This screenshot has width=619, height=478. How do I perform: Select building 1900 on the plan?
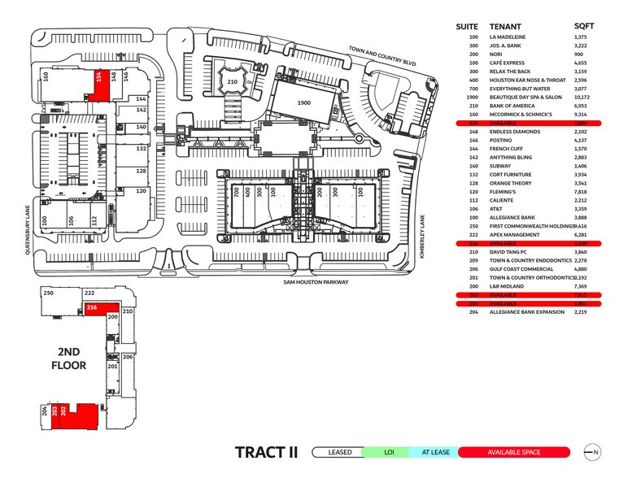[x=303, y=104]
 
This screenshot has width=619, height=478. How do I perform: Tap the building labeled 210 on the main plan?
[x=232, y=82]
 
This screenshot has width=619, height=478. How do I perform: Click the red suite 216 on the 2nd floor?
[x=92, y=308]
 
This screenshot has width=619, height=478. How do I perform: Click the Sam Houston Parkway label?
[x=315, y=282]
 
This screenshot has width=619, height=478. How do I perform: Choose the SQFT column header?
[x=584, y=26]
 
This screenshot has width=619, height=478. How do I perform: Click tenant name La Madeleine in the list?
[x=508, y=37]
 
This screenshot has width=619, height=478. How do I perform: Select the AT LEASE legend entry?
[x=435, y=452]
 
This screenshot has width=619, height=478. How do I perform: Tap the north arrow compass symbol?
[x=591, y=452]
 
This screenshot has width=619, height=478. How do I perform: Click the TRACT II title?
[x=266, y=452]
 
